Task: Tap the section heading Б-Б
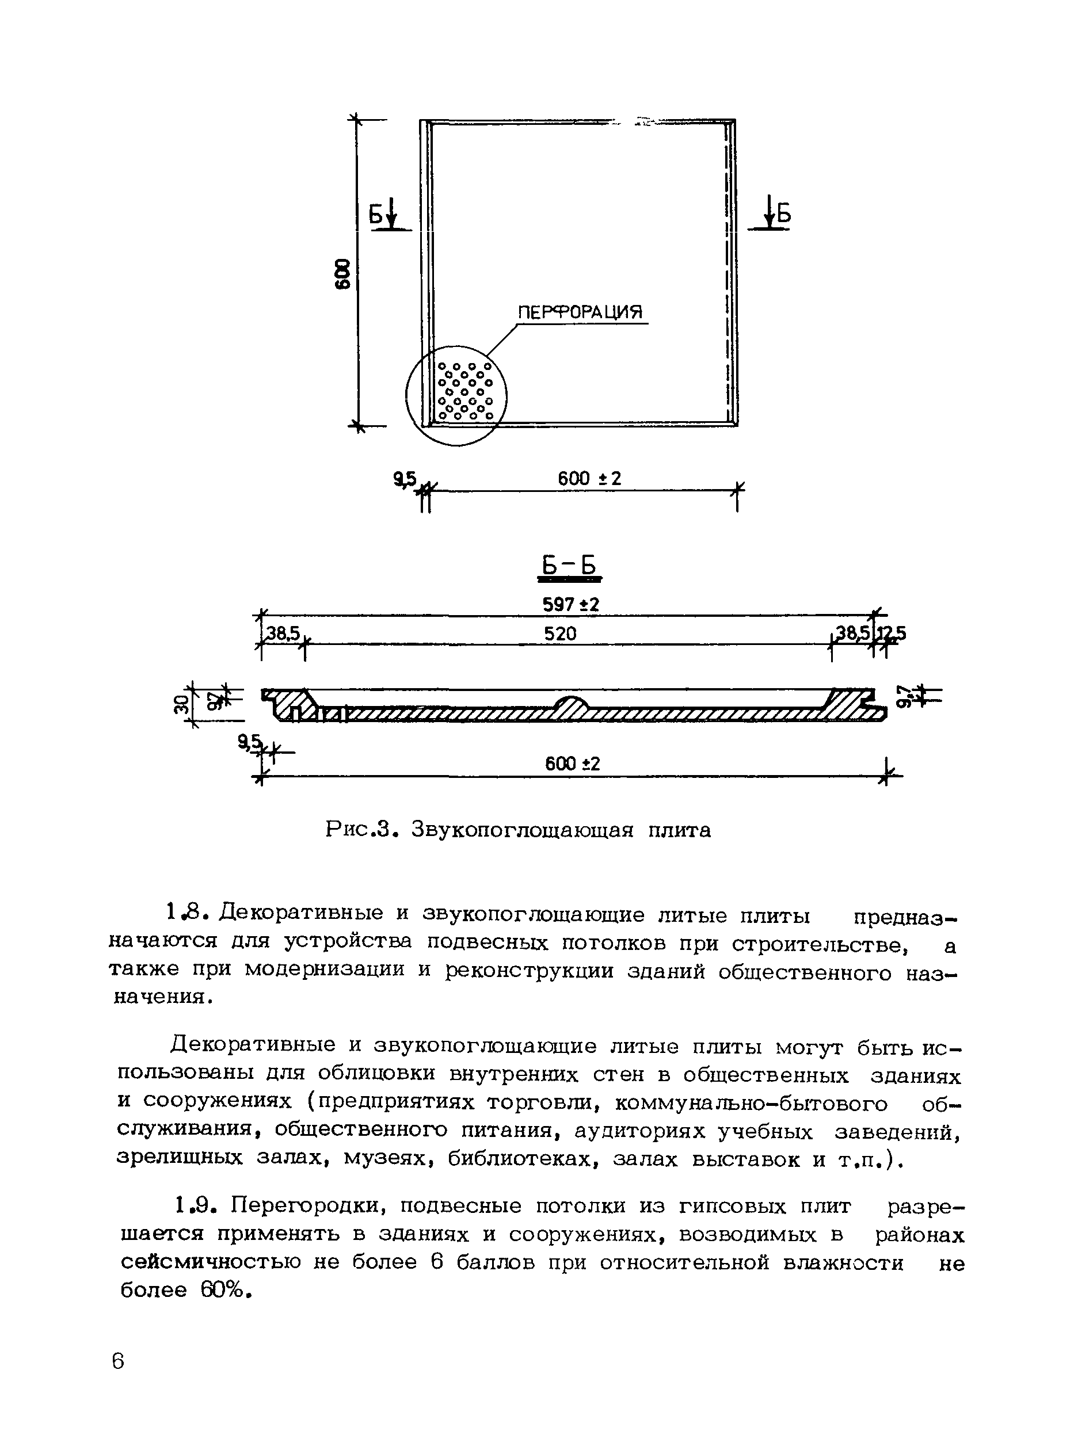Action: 569,566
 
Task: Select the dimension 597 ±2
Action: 570,605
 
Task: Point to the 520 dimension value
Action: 560,633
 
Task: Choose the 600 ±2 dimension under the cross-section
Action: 572,764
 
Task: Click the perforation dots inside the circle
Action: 466,391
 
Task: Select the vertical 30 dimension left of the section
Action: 182,703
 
